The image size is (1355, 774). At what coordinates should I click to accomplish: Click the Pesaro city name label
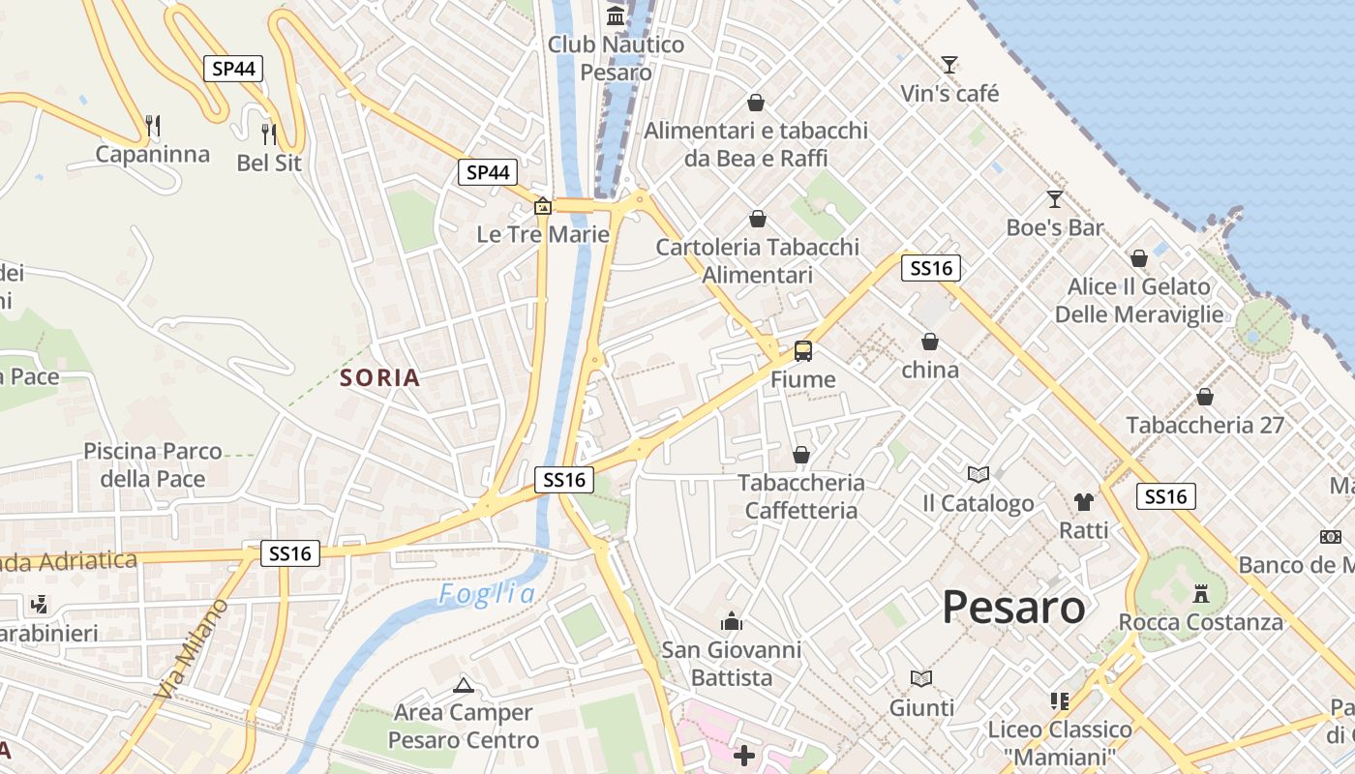click(1013, 608)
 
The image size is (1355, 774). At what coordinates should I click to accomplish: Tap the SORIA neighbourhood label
click(380, 378)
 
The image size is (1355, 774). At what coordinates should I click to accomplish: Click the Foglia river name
click(487, 594)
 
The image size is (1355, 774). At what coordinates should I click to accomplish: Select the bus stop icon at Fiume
click(802, 350)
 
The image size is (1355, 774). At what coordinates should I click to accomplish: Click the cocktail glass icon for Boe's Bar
click(1054, 199)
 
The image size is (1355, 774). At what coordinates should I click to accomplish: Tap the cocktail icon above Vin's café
click(949, 65)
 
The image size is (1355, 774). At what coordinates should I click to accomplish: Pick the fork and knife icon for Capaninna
click(152, 125)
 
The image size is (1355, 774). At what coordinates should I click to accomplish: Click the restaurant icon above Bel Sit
click(269, 134)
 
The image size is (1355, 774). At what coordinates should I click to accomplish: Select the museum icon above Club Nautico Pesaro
click(616, 15)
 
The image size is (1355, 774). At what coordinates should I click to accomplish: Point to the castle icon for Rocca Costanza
click(1201, 592)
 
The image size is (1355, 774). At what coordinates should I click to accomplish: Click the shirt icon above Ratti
click(1083, 501)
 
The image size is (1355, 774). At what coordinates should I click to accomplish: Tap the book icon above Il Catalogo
click(979, 474)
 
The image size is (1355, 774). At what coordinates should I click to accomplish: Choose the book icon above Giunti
click(921, 678)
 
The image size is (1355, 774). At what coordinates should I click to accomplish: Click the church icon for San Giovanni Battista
click(732, 620)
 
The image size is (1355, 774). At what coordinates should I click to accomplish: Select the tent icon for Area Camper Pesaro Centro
click(464, 685)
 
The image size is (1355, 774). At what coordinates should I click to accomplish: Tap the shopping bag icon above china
click(930, 342)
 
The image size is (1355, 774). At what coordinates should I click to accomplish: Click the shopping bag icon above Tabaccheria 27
click(1205, 397)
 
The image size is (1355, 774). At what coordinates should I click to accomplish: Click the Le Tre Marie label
click(543, 234)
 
